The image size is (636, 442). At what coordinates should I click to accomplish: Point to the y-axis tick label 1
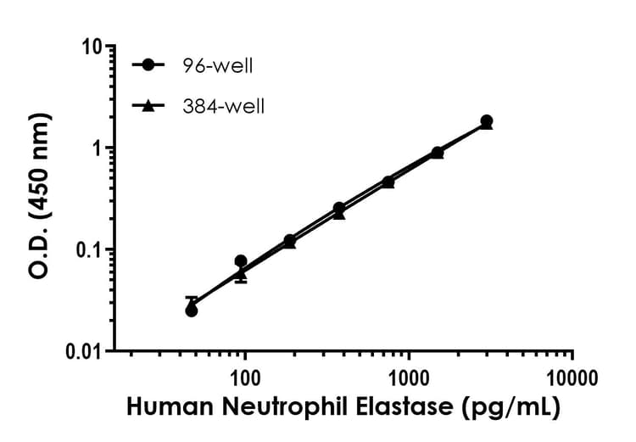point(95,148)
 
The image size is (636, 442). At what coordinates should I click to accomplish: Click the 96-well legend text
point(216,65)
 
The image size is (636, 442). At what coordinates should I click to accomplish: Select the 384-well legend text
point(221,107)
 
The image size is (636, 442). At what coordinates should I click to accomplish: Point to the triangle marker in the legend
point(150,106)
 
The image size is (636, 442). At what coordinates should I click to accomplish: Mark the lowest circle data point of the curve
point(192,311)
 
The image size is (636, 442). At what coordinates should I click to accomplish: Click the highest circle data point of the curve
point(486,121)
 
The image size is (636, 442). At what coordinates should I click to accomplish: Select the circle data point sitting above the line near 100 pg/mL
point(241,261)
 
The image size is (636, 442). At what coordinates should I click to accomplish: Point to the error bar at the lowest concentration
point(192,299)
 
